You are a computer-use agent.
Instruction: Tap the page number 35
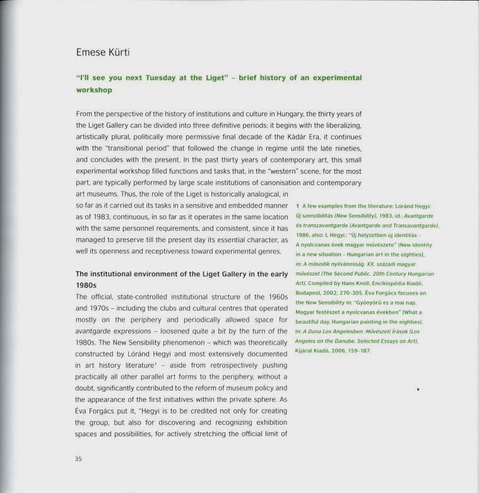(78, 460)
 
